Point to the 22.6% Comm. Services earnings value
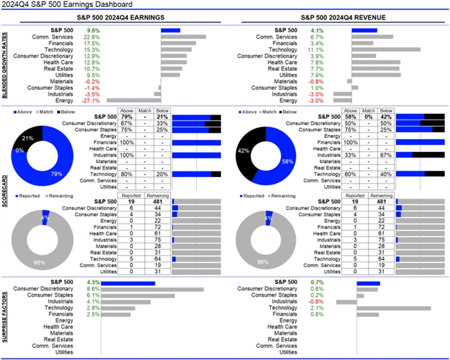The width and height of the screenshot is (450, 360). [92, 37]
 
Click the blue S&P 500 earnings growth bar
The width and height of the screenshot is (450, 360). [171, 30]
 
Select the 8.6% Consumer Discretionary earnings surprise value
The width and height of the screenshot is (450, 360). [92, 289]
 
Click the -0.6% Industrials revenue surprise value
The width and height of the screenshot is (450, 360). [316, 302]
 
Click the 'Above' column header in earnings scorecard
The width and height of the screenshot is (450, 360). [127, 110]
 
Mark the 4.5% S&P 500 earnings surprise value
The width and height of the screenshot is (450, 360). [92, 283]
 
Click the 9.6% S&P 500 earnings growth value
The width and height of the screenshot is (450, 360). [92, 30]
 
